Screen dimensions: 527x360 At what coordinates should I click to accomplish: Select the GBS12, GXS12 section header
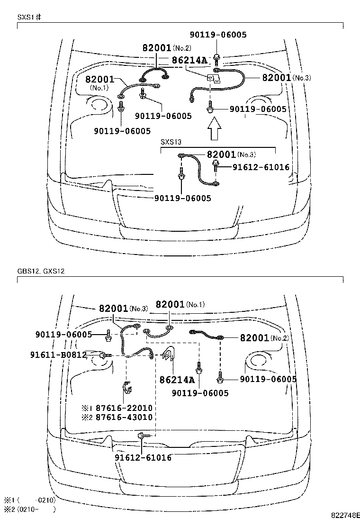(41, 272)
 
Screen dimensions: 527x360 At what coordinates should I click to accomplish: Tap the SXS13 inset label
(171, 142)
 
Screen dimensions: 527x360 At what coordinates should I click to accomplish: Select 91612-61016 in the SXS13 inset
(261, 167)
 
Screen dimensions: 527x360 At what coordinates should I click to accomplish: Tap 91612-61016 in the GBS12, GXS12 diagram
(143, 458)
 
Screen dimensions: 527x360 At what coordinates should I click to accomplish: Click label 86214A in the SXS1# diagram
(189, 60)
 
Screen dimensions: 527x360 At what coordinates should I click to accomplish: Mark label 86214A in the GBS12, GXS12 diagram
(177, 380)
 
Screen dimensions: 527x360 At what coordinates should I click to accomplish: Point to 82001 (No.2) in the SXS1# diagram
(166, 48)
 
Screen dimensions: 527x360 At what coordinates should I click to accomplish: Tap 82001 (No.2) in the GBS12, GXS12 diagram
(264, 338)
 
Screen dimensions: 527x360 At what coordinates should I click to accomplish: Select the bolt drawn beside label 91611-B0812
(104, 355)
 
